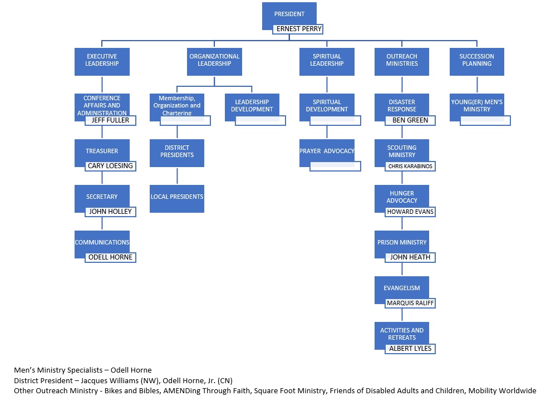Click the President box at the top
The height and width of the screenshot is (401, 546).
click(289, 13)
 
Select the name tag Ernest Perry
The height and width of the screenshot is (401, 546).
click(297, 29)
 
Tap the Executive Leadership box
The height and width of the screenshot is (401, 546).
click(102, 61)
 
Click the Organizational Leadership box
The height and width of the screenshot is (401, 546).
click(214, 61)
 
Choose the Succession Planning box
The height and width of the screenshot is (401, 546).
click(476, 61)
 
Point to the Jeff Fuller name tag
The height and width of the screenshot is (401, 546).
click(110, 120)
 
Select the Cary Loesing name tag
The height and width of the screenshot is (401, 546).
click(110, 166)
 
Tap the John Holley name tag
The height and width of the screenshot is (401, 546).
click(110, 212)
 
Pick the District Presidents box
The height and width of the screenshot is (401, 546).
click(177, 152)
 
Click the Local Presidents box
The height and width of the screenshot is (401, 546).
click(177, 198)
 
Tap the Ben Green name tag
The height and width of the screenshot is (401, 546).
click(410, 120)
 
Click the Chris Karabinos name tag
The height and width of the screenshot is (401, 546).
click(410, 166)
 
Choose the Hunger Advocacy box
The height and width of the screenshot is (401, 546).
click(402, 198)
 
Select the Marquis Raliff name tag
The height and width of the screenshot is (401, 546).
click(410, 303)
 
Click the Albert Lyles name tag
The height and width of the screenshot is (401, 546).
click(410, 349)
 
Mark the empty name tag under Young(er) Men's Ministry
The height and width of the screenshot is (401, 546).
click(485, 120)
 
